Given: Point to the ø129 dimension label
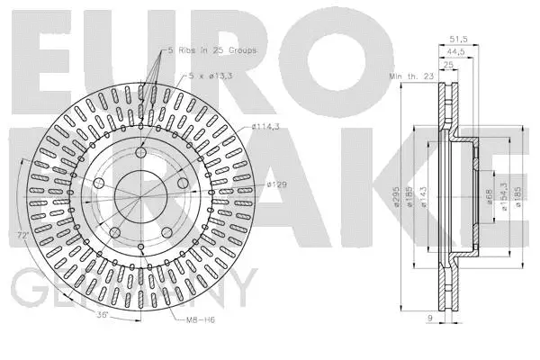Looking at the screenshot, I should point(275,184).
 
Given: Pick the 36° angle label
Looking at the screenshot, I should point(105,314).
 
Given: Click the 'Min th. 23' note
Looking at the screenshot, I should point(410,77).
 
